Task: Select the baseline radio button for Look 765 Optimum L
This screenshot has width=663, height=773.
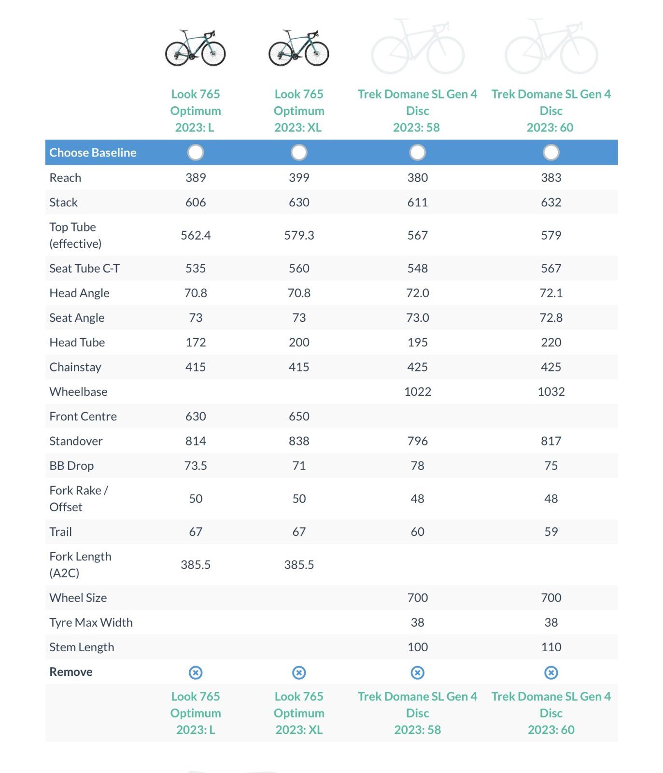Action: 196,152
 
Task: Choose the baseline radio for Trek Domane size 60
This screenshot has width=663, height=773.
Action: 551,152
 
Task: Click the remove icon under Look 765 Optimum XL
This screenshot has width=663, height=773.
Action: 299,673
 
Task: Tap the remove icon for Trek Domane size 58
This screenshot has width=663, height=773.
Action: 417,673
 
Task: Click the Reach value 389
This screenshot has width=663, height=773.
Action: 196,177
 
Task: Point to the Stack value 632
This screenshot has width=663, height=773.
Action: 551,202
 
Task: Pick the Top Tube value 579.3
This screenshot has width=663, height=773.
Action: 299,235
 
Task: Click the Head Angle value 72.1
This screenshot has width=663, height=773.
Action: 551,293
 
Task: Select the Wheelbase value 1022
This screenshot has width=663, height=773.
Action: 417,391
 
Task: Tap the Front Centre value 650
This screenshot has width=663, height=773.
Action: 299,416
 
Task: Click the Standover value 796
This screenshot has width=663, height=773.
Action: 417,441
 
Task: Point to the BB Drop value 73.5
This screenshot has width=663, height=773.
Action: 196,465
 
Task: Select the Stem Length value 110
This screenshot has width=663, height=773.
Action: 551,647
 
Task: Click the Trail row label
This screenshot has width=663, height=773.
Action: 60,531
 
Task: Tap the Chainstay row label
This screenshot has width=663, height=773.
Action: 75,367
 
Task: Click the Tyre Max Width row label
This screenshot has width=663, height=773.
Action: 91,622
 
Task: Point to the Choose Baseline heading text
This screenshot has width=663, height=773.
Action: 93,152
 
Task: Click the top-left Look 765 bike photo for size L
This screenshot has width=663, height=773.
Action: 196,48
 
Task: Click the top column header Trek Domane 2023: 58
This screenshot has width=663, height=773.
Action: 417,110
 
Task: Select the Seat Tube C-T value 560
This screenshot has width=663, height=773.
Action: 299,268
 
